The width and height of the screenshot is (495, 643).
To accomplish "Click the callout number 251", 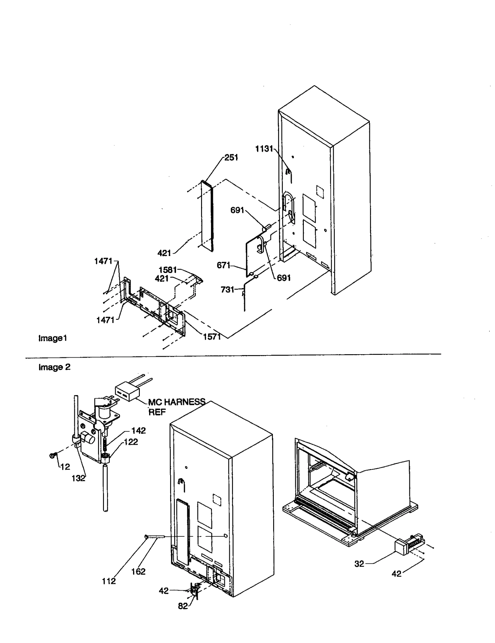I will [231, 158].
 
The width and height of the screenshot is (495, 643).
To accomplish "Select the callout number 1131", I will [264, 149].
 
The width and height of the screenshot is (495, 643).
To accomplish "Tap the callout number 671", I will [223, 265].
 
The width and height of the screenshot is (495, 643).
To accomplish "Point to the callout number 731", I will [227, 290].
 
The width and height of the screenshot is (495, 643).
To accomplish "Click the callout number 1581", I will [167, 270].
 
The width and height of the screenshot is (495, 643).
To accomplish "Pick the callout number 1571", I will [212, 337].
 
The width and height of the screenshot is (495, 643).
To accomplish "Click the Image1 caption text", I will [53, 338].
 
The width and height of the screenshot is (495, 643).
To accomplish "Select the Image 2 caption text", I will [54, 367].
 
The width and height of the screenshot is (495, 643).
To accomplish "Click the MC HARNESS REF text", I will [176, 407].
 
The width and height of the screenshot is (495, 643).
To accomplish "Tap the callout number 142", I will [138, 431].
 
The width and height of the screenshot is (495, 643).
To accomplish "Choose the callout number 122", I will [131, 442].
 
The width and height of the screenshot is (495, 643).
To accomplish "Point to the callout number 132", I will [78, 478].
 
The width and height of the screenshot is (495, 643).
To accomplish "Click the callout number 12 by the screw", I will [65, 467].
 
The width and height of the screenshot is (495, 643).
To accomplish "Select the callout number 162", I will [138, 571].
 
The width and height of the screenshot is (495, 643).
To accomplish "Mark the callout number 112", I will [109, 581].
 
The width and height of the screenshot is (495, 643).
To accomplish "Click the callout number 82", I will [183, 606].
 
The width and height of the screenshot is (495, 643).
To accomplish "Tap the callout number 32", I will [359, 564].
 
